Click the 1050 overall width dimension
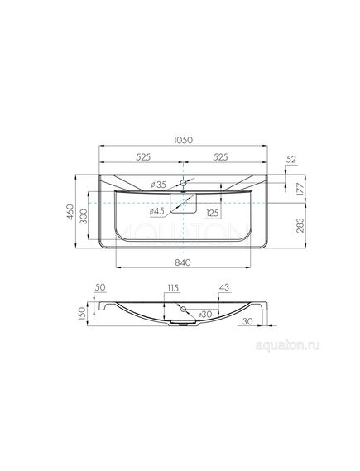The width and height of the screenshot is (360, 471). click(x=183, y=140)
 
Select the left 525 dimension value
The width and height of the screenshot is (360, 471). click(x=143, y=156)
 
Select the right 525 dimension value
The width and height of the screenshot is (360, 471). click(x=221, y=156)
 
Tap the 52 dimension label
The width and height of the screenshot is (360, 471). click(x=291, y=159)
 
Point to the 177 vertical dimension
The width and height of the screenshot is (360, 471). click(x=300, y=189)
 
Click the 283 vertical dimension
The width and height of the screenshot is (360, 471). click(x=300, y=225)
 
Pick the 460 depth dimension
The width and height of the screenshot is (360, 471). click(x=70, y=211)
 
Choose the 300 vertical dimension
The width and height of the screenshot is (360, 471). click(x=84, y=216)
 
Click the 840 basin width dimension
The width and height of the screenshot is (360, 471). click(x=183, y=262)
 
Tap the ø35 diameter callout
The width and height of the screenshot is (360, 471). click(x=158, y=185)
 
